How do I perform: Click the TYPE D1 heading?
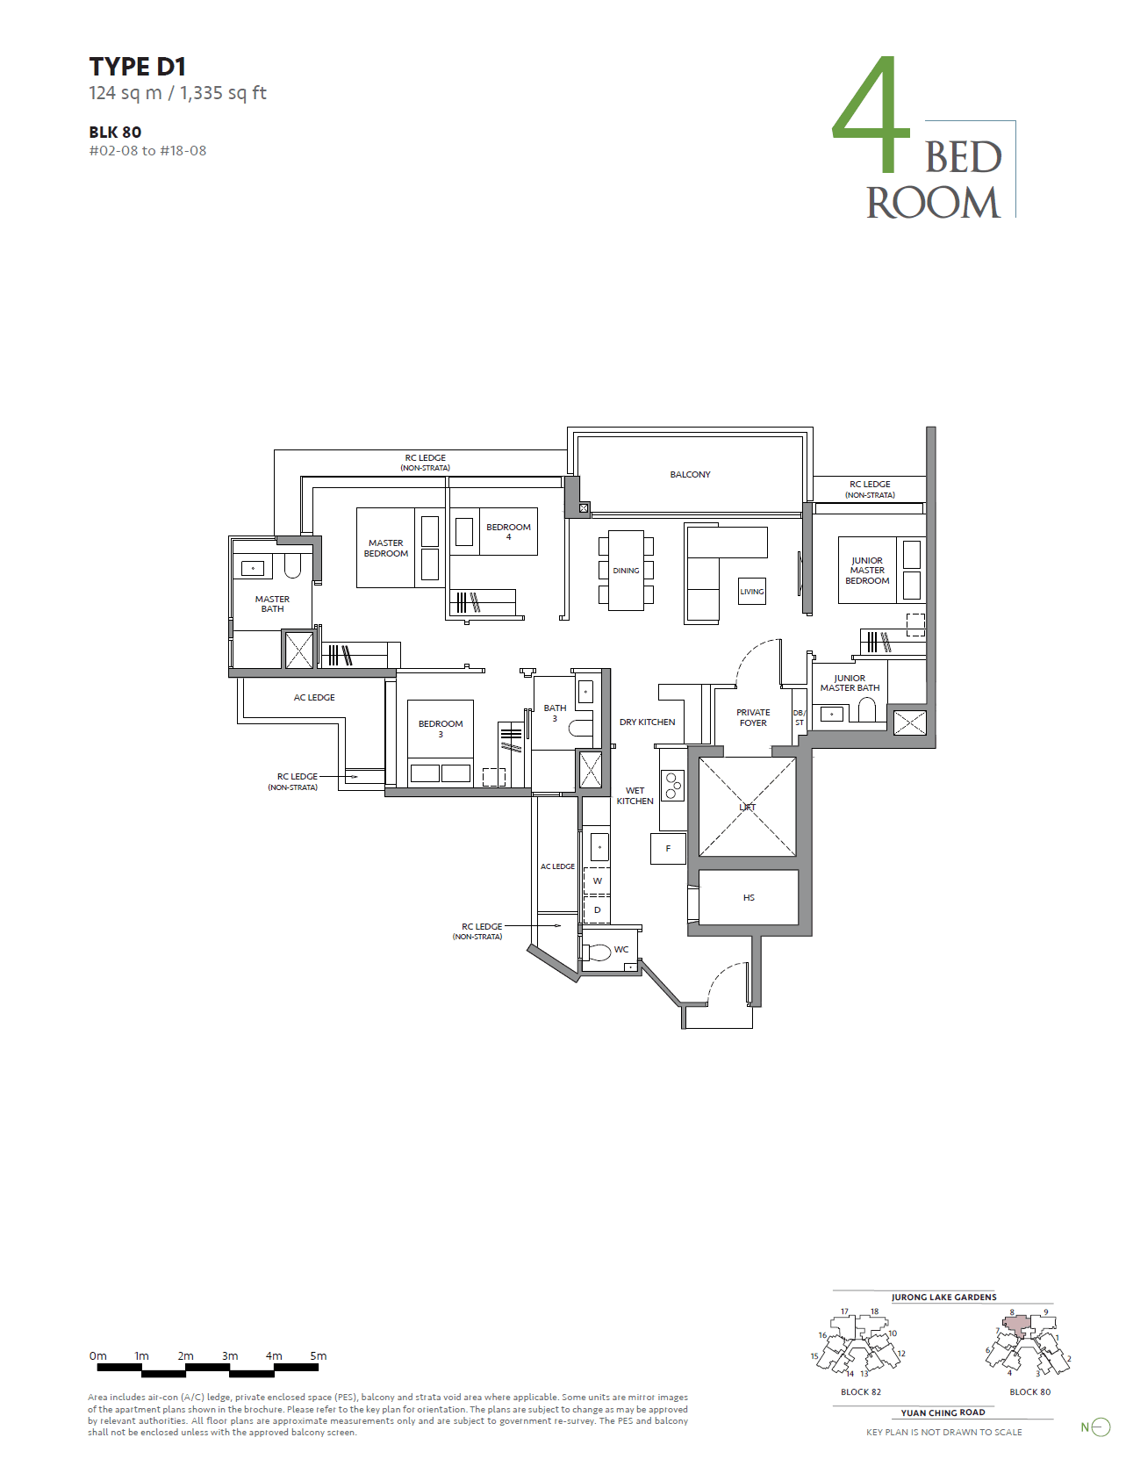[137, 67]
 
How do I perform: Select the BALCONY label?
[690, 475]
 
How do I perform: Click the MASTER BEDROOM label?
[386, 549]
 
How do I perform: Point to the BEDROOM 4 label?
[508, 532]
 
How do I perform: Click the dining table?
[626, 571]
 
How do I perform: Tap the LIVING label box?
[752, 592]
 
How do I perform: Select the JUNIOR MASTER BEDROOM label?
[867, 571]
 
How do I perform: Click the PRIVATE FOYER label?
[753, 718]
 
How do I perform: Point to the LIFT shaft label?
[748, 807]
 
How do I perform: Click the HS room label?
[749, 898]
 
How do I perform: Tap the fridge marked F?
[668, 849]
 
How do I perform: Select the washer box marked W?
[598, 880]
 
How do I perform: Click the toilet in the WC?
[599, 952]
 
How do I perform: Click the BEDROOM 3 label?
[441, 729]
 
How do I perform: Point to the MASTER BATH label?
[272, 604]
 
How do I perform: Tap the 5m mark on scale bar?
[319, 1356]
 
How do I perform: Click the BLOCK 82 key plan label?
[860, 1392]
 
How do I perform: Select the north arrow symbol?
[1100, 1427]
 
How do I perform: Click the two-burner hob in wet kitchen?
[673, 786]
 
